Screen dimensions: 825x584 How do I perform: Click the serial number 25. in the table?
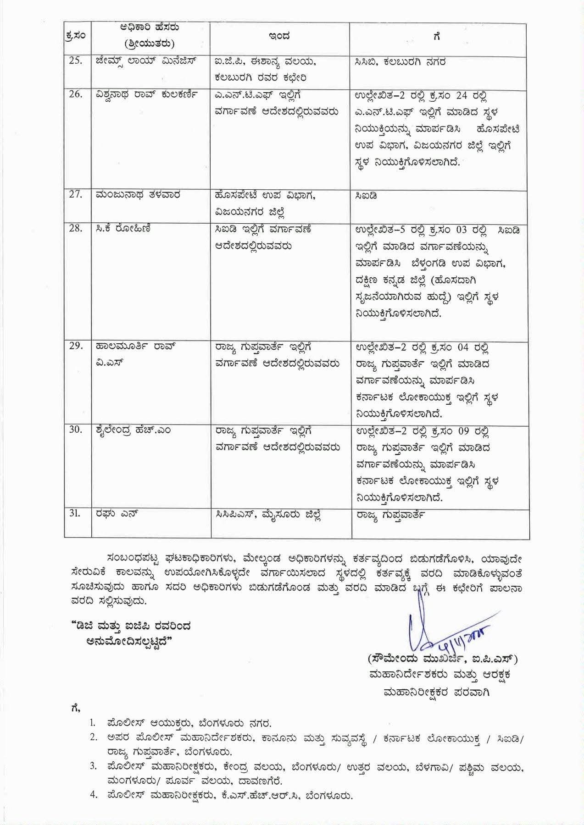point(76,61)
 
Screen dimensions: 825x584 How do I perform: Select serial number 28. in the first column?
point(76,228)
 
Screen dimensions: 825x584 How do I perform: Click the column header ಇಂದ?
point(279,36)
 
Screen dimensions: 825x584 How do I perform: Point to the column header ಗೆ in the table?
point(437,36)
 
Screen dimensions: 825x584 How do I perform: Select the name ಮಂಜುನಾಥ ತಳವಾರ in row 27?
point(138,195)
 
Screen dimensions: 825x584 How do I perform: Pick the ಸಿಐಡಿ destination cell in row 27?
point(366,195)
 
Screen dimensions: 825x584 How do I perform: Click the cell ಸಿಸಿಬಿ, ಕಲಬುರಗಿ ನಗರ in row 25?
point(400,61)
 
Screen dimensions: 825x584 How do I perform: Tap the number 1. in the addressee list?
point(93,723)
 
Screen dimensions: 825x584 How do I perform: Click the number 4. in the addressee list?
point(93,795)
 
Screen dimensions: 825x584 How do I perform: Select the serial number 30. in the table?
point(76,430)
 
